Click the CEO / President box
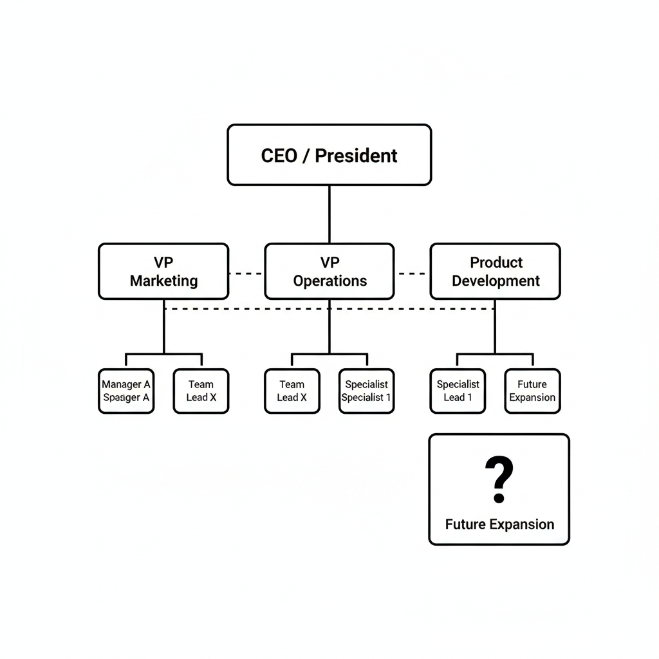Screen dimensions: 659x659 tap(329, 155)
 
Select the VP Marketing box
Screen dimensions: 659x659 tap(163, 272)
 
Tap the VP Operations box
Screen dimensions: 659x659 tap(329, 272)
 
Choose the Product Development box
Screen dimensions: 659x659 tap(495, 272)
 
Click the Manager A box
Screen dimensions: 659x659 tap(126, 391)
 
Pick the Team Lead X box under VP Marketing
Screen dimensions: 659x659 tap(201, 391)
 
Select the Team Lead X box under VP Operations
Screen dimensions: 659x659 tap(292, 391)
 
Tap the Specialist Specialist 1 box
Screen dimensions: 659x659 tap(366, 391)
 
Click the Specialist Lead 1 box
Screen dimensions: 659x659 tap(458, 391)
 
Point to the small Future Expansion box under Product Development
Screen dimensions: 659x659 tap(532, 391)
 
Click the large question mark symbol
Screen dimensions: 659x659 tap(499, 479)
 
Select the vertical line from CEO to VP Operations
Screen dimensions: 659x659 tap(329, 214)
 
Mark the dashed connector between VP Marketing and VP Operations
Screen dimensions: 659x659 tap(246, 274)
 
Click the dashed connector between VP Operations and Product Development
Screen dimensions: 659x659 tap(412, 274)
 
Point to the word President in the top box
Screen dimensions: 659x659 tap(356, 156)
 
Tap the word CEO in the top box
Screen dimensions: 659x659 tap(279, 156)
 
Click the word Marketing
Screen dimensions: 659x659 tap(163, 281)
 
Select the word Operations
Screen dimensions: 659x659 tap(329, 281)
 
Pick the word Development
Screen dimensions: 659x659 tap(496, 281)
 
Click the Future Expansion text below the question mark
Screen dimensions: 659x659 tap(499, 524)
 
